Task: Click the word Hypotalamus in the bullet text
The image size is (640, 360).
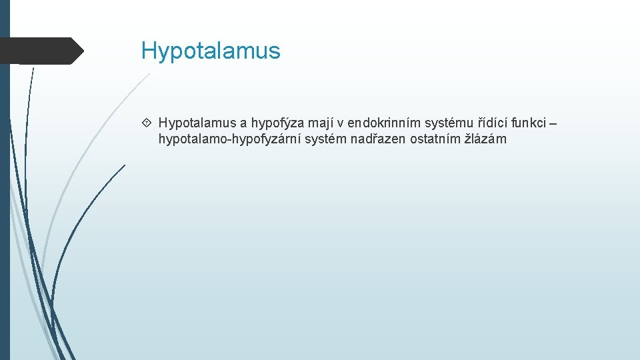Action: pos(197,123)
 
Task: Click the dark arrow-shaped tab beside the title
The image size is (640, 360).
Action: pos(40,51)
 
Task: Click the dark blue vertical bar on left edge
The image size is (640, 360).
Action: pos(5,200)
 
